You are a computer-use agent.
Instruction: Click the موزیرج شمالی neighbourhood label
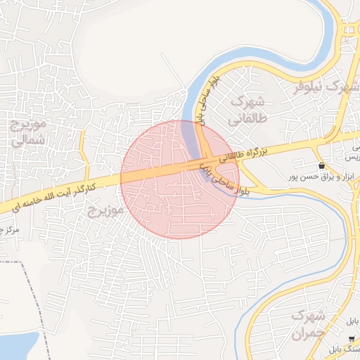[x=28, y=131]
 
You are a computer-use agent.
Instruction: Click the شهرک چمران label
[x=309, y=323]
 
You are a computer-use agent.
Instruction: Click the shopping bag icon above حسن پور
[x=321, y=166]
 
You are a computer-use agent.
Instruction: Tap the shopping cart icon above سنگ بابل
[x=352, y=339]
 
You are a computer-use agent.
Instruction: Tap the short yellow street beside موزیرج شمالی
[x=82, y=151]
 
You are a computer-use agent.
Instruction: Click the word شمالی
[x=28, y=140]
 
